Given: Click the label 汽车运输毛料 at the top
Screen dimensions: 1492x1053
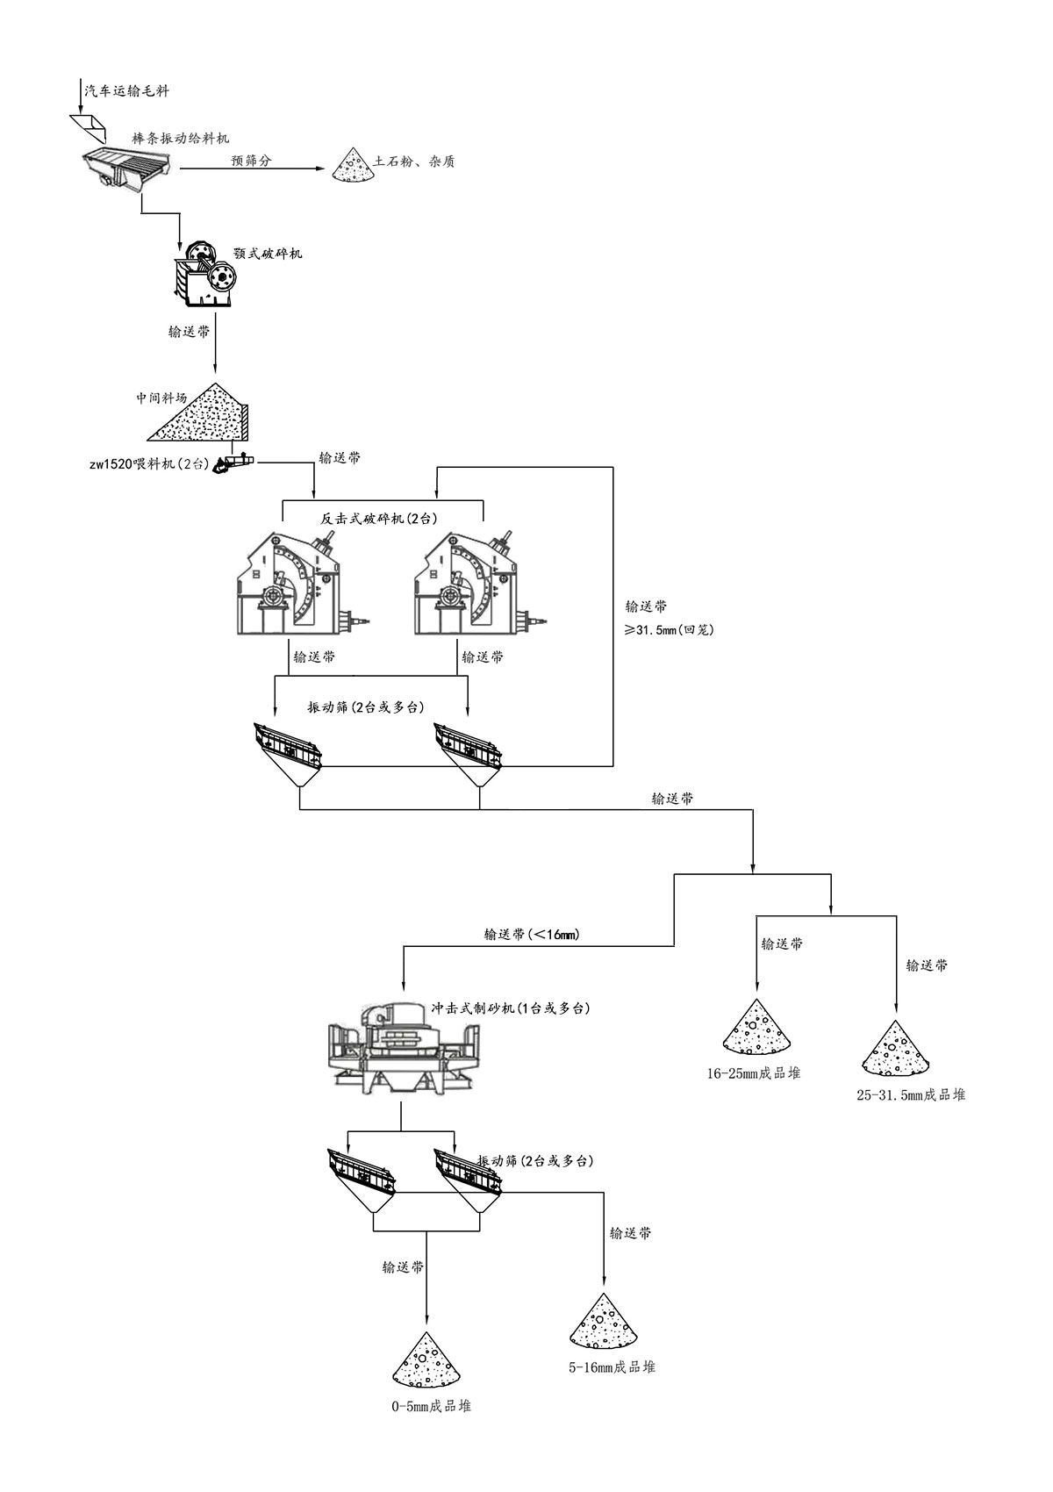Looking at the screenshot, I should point(125,90).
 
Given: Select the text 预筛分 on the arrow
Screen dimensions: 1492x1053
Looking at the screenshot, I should point(251,161).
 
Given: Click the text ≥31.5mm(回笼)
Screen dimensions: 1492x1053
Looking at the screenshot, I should point(670,629).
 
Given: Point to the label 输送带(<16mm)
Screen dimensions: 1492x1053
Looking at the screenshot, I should point(531,935).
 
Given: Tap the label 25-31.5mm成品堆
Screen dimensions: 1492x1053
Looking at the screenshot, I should point(911,1094).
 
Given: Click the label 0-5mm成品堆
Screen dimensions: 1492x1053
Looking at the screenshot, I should point(431,1406).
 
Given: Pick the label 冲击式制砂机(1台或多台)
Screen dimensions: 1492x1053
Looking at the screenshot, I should point(510,1008).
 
